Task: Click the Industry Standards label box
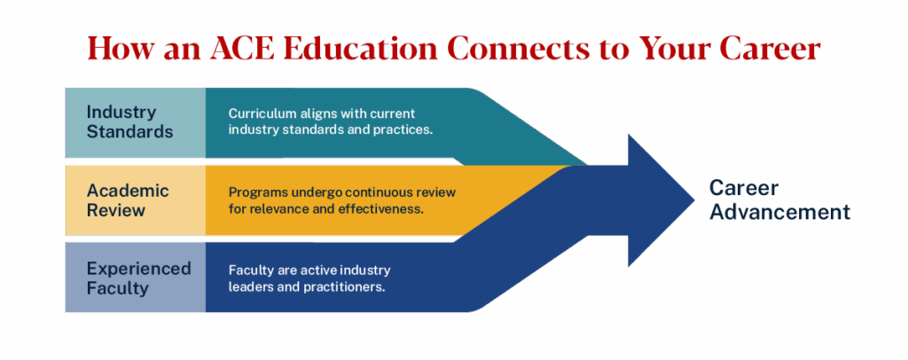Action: [x=135, y=122]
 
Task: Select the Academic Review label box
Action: [x=135, y=200]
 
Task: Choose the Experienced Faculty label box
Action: [x=135, y=278]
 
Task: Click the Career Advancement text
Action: [x=779, y=200]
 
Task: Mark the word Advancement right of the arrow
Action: [x=779, y=213]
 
